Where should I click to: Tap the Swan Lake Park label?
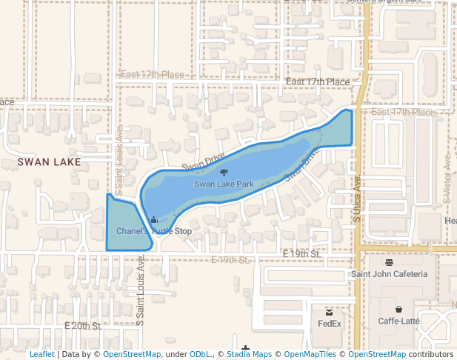tap(224, 184)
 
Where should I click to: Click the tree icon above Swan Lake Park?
tap(224, 173)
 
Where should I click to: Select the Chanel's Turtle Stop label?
tap(154, 231)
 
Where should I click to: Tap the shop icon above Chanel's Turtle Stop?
tap(154, 220)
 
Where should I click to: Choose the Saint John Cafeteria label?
tap(389, 274)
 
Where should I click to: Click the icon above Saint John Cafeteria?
tap(389, 262)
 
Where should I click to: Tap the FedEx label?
tap(330, 323)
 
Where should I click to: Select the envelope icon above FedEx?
tap(330, 312)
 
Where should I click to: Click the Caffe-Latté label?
tap(399, 321)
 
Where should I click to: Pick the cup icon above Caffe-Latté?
tap(399, 310)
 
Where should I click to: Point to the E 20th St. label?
tap(82, 326)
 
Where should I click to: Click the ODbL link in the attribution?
tap(199, 355)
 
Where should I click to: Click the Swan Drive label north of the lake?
tap(203, 161)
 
